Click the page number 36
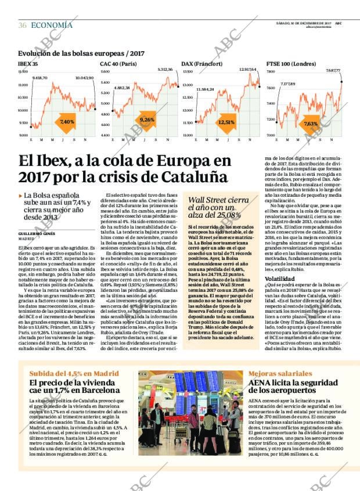click(x=22, y=25)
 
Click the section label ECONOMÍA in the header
click(x=52, y=25)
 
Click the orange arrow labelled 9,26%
click(x=147, y=120)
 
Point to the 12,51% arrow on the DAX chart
click(x=226, y=122)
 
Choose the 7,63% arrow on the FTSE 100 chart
click(x=311, y=124)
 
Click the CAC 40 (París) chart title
click(x=118, y=63)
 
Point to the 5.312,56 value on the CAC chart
click(x=165, y=70)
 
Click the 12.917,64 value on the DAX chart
click(x=248, y=70)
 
